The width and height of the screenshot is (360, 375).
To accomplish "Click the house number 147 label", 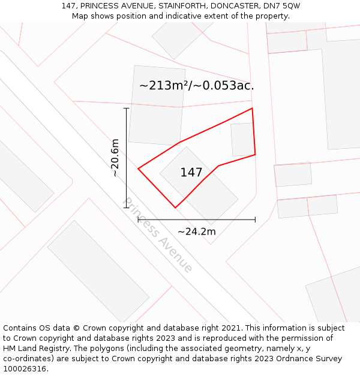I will [x=191, y=173].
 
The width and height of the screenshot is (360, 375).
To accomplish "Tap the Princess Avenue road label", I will [x=158, y=235].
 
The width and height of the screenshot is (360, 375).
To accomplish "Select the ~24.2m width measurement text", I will [x=196, y=231].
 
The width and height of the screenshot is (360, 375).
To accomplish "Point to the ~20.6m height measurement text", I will [x=115, y=158].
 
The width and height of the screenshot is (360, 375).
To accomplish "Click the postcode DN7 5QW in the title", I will [x=283, y=6].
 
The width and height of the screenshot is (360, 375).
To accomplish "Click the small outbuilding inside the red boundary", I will [x=242, y=139].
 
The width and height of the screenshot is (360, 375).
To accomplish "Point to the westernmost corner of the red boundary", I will [x=139, y=169].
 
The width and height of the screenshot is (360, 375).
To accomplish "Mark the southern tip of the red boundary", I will [x=175, y=208].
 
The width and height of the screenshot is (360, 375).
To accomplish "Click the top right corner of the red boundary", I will [x=252, y=109].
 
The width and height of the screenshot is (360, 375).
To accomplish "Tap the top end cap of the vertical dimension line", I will [x=126, y=108].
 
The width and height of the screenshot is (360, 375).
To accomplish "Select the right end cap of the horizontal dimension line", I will [x=255, y=220].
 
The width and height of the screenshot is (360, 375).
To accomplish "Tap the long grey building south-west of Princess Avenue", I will [x=98, y=271].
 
